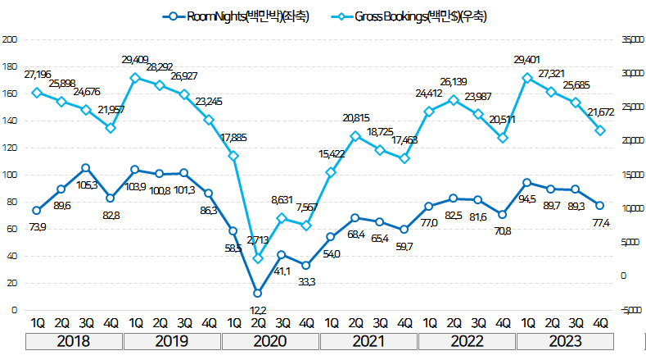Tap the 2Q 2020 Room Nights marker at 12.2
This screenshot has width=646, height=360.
257,293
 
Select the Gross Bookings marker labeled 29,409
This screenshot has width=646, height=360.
134,78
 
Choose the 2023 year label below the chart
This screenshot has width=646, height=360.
564,341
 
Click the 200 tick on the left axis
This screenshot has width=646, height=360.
10,39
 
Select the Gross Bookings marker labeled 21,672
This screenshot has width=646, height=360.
601,130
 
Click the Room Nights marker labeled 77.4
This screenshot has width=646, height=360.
601,206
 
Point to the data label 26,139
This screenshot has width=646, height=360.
454,82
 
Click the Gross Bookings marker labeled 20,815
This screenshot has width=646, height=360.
355,135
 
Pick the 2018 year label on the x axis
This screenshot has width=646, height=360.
73,341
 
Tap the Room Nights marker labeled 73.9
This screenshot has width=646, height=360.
36,210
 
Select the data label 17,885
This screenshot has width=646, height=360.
233,137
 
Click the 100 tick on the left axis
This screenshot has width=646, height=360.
10,175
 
